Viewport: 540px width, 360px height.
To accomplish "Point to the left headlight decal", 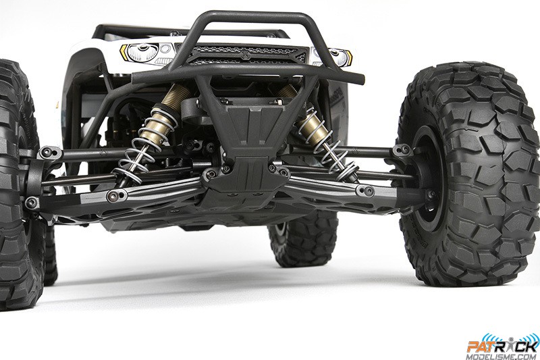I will (141, 51).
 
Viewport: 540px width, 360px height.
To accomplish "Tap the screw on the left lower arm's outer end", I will (31, 201).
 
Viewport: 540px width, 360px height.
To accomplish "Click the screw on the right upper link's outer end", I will (403, 150).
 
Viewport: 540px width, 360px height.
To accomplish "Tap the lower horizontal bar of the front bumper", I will (250, 72).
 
